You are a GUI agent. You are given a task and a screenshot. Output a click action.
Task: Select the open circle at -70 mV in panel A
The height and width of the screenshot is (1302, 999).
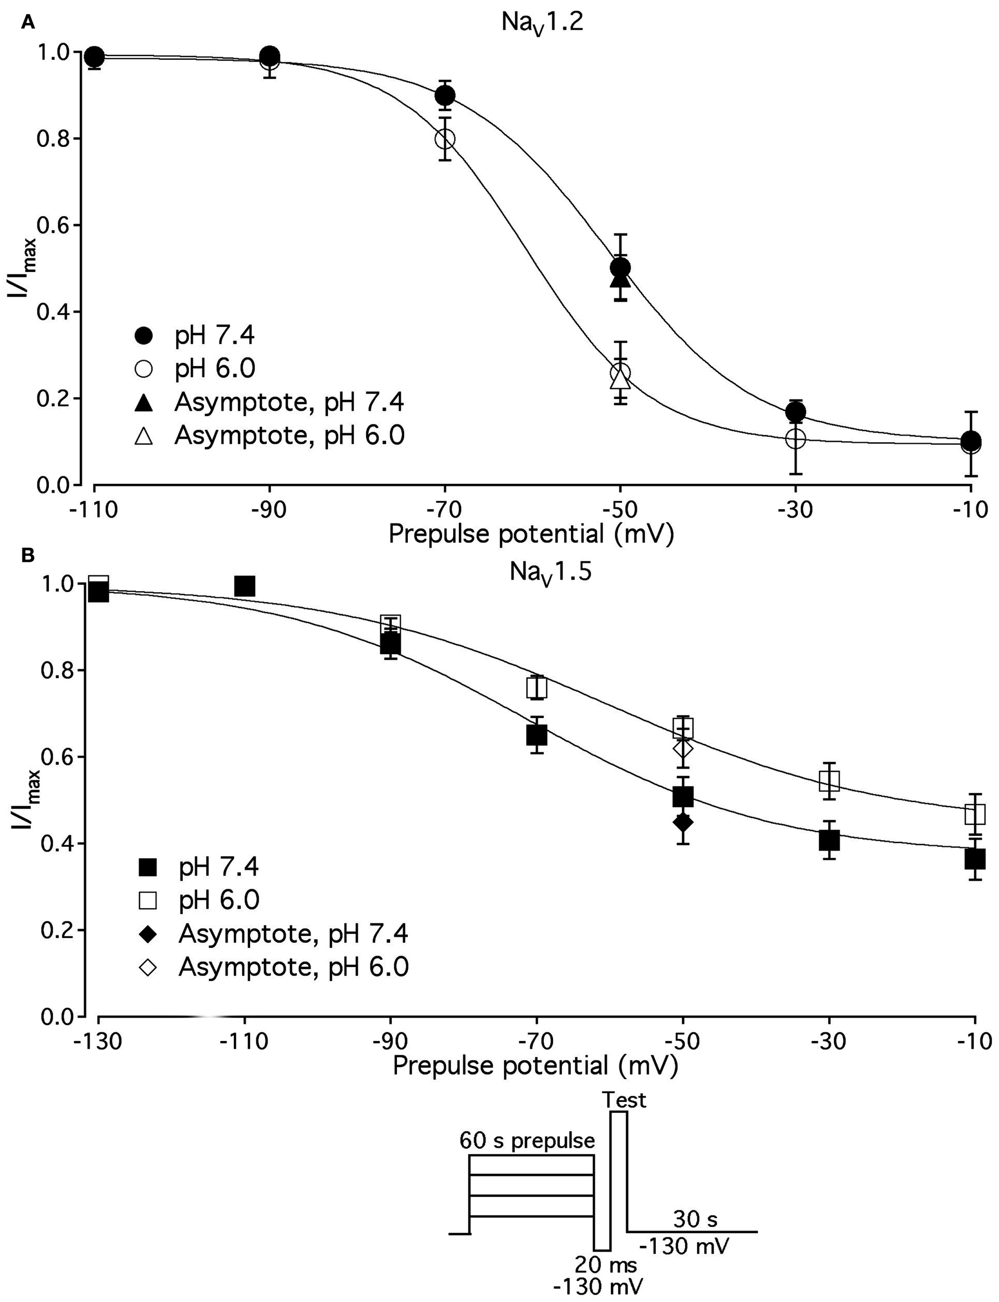pyautogui.click(x=445, y=139)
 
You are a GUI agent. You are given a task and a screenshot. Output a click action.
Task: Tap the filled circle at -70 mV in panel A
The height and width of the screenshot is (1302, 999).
pyautogui.click(x=445, y=95)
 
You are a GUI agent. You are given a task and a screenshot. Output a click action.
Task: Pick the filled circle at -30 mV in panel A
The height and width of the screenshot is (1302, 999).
pyautogui.click(x=795, y=411)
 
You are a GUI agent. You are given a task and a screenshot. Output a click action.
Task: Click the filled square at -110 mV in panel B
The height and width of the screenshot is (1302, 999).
pyautogui.click(x=244, y=586)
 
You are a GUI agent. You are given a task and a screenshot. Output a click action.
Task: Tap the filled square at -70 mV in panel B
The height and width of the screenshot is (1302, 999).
pyautogui.click(x=536, y=736)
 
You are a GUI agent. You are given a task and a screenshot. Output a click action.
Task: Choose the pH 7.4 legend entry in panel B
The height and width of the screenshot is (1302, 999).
pyautogui.click(x=219, y=868)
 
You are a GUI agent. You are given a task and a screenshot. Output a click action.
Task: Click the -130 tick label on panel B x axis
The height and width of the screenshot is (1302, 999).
pyautogui.click(x=97, y=1043)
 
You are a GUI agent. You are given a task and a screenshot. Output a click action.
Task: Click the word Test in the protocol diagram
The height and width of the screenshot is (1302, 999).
pyautogui.click(x=624, y=1100)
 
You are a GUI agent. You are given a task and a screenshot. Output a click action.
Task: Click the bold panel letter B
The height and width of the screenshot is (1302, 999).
pyautogui.click(x=28, y=555)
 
